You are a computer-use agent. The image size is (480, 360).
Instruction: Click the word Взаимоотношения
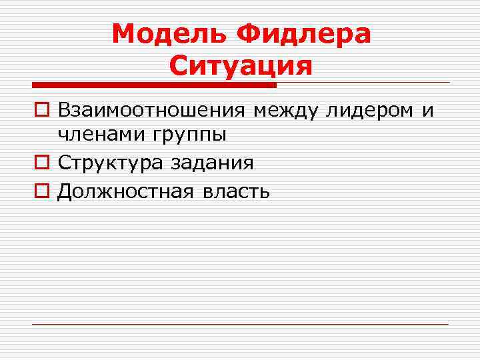coord(153,110)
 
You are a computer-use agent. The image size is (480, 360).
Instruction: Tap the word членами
coord(102,134)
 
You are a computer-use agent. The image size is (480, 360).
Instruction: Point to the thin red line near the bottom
coord(240,324)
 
